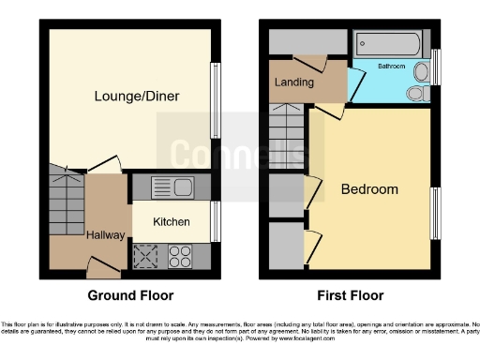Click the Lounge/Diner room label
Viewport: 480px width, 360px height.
tap(137, 96)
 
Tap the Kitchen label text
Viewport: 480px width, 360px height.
tap(172, 222)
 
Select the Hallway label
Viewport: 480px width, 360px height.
tap(106, 234)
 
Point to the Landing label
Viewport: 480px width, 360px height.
tap(293, 83)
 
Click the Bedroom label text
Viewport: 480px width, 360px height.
tap(368, 189)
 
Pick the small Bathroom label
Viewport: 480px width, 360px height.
tap(391, 67)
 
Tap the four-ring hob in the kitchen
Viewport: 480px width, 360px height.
tap(179, 256)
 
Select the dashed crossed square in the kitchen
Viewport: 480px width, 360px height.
tap(147, 256)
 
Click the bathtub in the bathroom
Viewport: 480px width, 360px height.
tap(388, 44)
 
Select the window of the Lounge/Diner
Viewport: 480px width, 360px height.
tap(217, 97)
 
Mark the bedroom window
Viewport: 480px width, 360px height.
tap(434, 213)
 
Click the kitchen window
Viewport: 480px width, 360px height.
tap(217, 222)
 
